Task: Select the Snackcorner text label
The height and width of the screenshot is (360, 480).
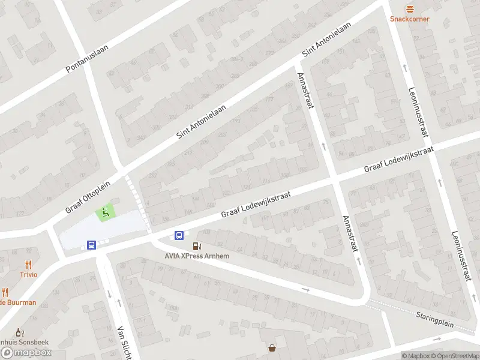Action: pos(410,19)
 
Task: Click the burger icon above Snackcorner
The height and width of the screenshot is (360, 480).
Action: pos(410,8)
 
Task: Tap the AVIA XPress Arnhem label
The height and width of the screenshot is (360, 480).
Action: pos(197,256)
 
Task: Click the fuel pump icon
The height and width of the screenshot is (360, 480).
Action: pos(196,246)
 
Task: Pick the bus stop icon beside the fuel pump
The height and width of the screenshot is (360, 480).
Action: pos(179,235)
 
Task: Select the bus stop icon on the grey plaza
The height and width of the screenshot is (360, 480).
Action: pos(91,245)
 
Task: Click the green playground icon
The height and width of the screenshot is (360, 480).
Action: pos(105,212)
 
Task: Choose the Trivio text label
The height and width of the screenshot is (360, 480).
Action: pos(28,274)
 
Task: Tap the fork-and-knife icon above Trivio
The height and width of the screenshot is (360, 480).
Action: pos(28,264)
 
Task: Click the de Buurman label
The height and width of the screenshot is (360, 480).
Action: pos(18,302)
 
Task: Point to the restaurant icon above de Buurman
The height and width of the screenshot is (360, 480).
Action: pos(5,293)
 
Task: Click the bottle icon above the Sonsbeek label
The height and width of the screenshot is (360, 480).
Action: pos(19,331)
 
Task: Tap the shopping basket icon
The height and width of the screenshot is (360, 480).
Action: pos(272,347)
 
